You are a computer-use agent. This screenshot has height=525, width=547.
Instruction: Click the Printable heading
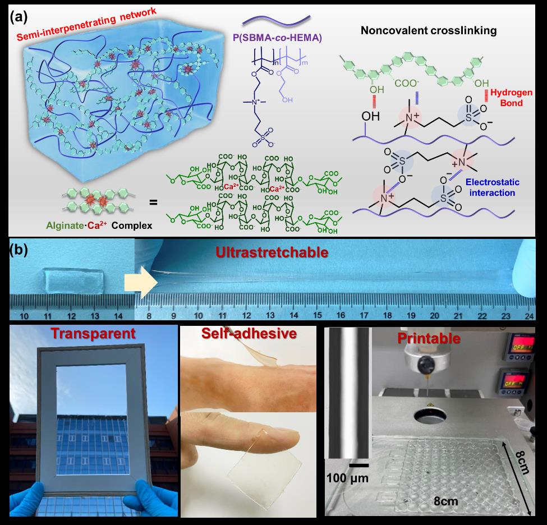coord(429,339)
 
